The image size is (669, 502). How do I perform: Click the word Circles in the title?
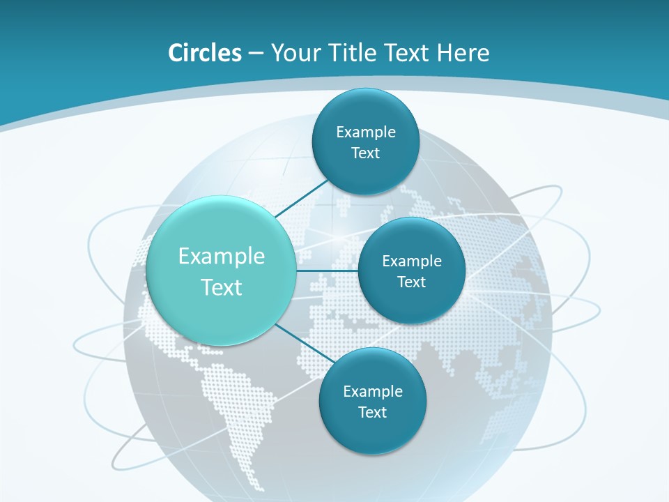[205, 53]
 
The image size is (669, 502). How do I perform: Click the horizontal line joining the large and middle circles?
[327, 271]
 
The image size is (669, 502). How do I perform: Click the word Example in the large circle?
[222, 256]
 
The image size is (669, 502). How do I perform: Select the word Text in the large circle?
[222, 287]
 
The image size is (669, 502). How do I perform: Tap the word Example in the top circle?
[366, 132]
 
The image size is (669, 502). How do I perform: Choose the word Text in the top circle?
[365, 153]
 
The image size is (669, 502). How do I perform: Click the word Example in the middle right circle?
[412, 261]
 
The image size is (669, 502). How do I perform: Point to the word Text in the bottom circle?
[372, 412]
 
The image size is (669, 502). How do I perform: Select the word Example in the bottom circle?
[373, 391]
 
